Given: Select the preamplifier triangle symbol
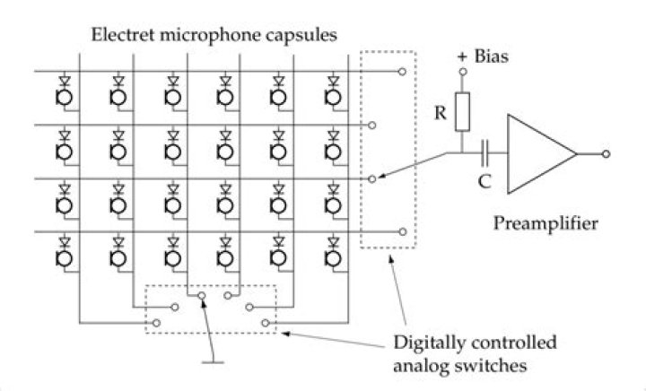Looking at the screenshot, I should [x=539, y=153].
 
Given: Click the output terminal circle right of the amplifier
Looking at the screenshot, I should [x=607, y=154].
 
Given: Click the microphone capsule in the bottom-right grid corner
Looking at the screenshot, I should [x=335, y=258].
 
